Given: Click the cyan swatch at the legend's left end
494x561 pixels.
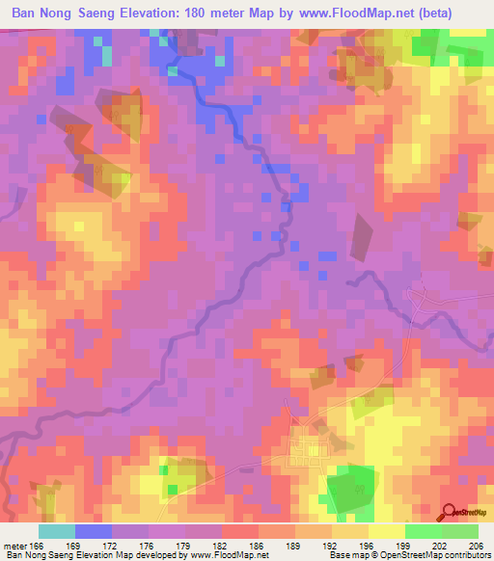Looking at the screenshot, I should pos(57,531).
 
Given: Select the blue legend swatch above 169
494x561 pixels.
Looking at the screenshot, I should pos(94,531).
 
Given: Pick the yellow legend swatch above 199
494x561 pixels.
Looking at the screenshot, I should pos(386,531).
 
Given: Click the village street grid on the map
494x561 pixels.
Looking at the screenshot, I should pos(312,446).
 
